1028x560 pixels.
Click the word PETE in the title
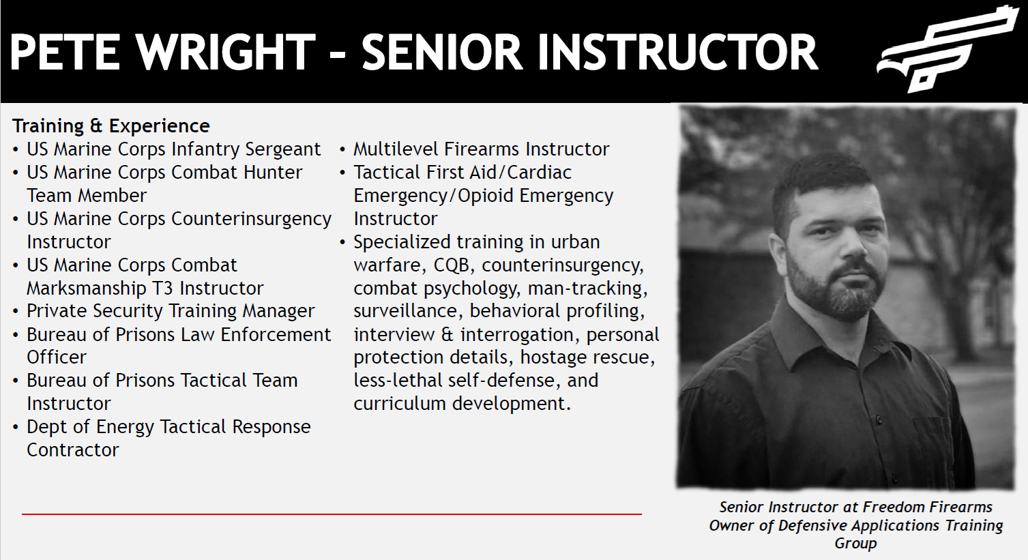pyautogui.click(x=65, y=52)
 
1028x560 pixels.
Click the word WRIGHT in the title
pyautogui.click(x=226, y=52)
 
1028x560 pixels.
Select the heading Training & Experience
pyautogui.click(x=111, y=126)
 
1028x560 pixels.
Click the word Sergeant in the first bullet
pyautogui.click(x=282, y=149)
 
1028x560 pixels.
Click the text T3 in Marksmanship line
pyautogui.click(x=162, y=289)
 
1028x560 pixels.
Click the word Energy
pyautogui.click(x=125, y=427)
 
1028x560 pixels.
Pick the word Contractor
pyautogui.click(x=73, y=450)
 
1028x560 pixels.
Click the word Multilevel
pyautogui.click(x=395, y=149)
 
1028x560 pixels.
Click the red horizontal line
pyautogui.click(x=332, y=514)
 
